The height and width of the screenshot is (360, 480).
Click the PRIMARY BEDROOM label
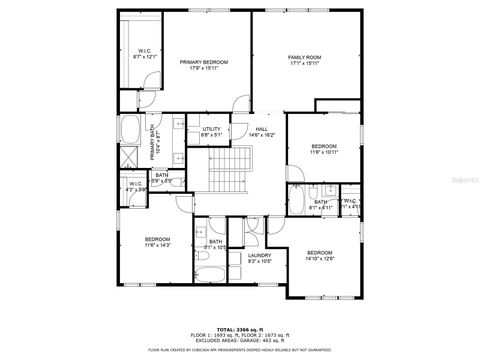point(204,62)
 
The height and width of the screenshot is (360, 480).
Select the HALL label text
point(262,129)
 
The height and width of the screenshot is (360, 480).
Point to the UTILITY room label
point(211,129)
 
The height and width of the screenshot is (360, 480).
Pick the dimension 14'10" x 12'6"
point(319,259)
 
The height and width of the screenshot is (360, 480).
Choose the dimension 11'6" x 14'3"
point(158,245)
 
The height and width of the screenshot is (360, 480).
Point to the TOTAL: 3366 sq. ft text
point(239,328)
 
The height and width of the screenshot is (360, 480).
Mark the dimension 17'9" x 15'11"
point(204,68)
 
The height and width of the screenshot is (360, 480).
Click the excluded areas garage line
point(239,340)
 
